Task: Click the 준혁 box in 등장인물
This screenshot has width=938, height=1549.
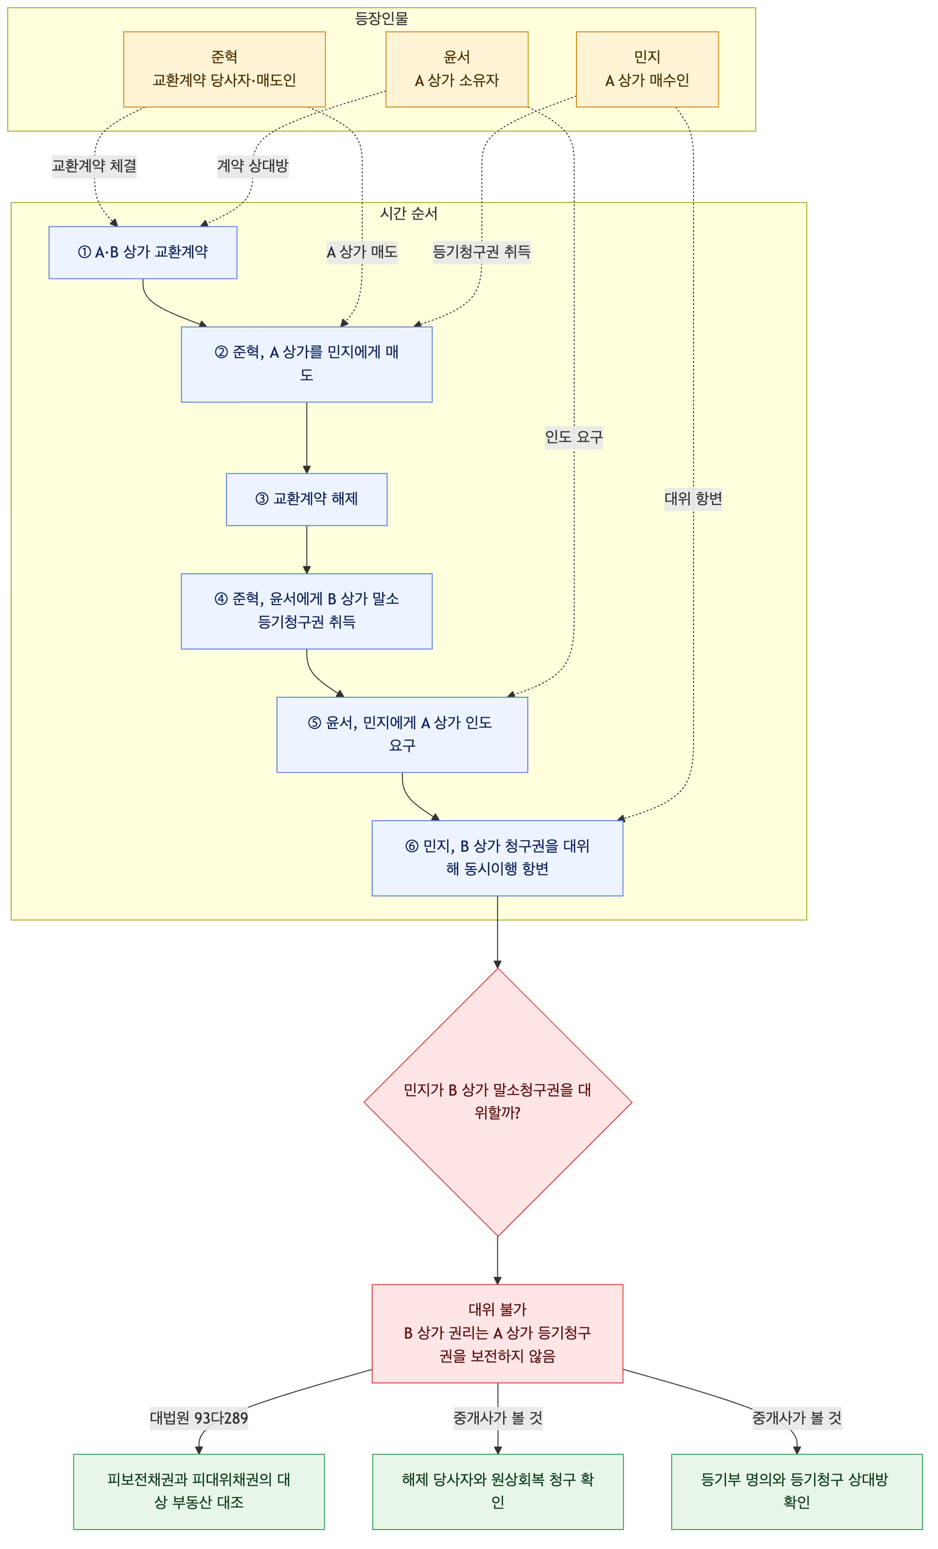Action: pos(225,69)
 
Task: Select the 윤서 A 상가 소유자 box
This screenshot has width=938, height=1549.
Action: pos(456,69)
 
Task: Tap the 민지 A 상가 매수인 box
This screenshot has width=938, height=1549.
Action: pos(647,69)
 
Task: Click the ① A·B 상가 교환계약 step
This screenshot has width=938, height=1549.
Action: pos(143,252)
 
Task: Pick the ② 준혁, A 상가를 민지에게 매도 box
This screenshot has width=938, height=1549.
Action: pos(307,364)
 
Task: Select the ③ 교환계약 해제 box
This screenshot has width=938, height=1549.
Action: pos(307,499)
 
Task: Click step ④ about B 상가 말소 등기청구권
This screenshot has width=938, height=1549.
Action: pos(307,611)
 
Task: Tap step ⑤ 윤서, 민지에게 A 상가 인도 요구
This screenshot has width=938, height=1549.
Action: pos(402,734)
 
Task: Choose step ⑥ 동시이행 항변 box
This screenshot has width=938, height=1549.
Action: pos(497,858)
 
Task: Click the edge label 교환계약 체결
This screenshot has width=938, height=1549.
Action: pos(94,166)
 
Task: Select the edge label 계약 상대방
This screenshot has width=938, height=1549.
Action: pos(253,166)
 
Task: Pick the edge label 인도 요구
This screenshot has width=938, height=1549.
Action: pos(574,437)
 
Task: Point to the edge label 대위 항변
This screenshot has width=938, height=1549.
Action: pos(694,499)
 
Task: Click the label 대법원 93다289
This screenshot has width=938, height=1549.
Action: pos(199,1418)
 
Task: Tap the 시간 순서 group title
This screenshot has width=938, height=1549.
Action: pos(409,214)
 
